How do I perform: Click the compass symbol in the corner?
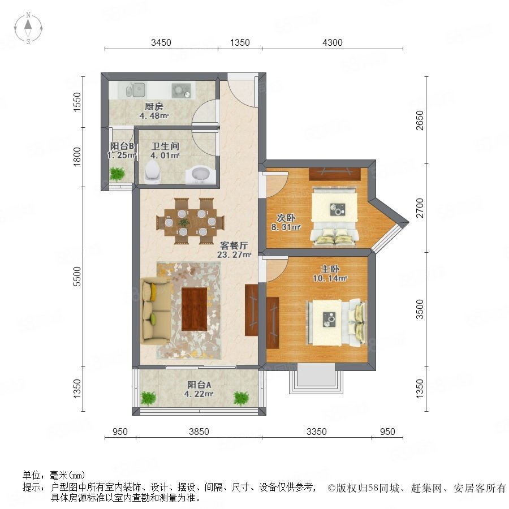pos(28,28)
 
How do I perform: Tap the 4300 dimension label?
pos(332,42)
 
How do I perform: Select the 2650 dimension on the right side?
pos(420,120)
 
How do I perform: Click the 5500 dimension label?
pos(77,276)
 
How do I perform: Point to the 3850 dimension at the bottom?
pos(199,432)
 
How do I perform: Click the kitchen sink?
pos(136,89)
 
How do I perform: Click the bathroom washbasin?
pos(199,175)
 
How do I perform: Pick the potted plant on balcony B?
pos(117,174)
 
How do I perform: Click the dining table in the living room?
pos(189,221)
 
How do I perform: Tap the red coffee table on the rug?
pos(194,309)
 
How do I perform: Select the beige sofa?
pos(156,311)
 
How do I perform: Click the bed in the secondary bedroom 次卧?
pos(334,216)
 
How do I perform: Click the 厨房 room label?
pos(153,106)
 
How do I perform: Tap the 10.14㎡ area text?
pos(330,278)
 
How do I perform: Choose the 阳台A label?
pos(199,385)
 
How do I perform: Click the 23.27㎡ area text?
pos(234,255)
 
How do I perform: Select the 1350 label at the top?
pos(240,42)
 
